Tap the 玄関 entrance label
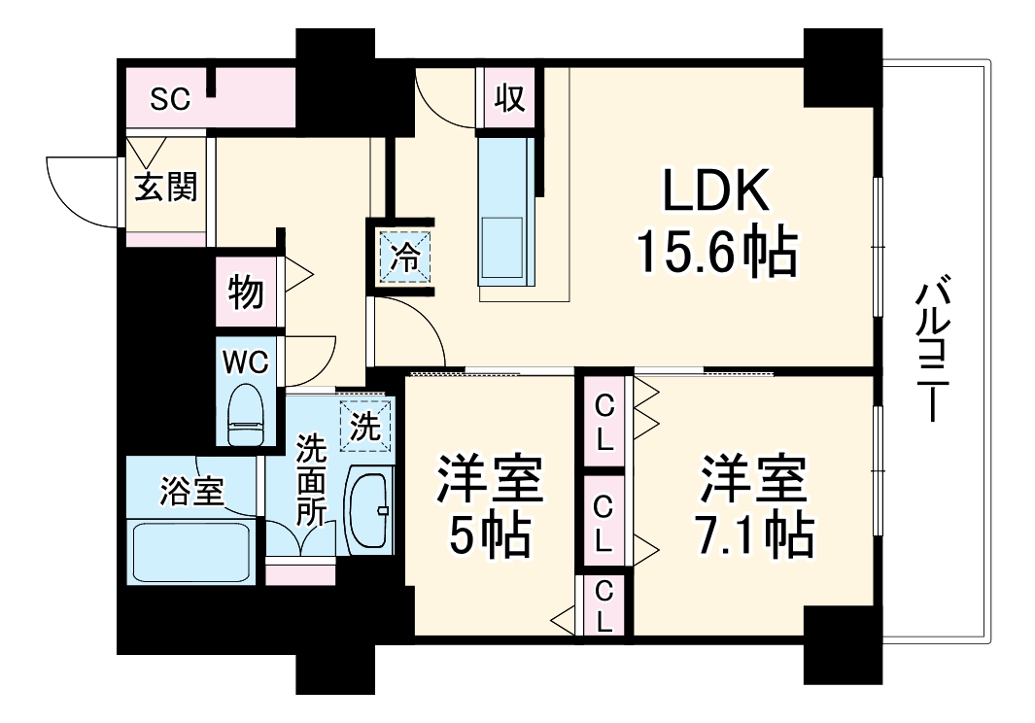click(165, 188)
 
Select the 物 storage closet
click(246, 291)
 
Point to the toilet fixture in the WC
click(246, 416)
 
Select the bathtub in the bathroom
click(191, 552)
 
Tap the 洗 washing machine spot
click(364, 427)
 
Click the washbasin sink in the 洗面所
click(370, 509)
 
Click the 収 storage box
click(509, 99)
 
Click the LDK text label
click(716, 190)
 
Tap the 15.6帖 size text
click(716, 251)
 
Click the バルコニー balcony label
click(934, 350)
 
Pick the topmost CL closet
click(604, 422)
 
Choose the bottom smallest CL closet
click(604, 604)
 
